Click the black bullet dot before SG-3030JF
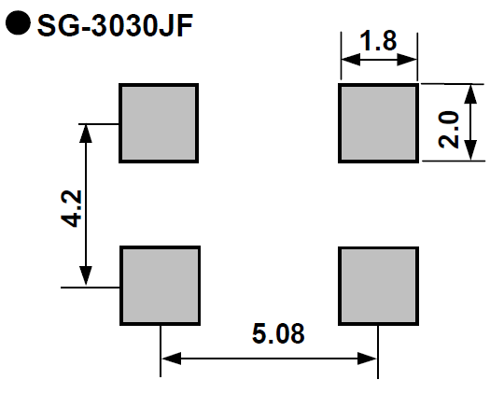click(18, 22)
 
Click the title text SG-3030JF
click(115, 25)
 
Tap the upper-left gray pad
click(159, 123)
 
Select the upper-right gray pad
click(378, 123)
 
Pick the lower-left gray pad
click(161, 286)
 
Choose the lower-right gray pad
click(378, 286)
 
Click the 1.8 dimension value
click(378, 41)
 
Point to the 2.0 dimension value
click(449, 129)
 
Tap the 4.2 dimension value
click(71, 209)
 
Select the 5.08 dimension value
click(278, 333)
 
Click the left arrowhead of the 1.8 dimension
click(351, 60)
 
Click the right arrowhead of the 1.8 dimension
click(407, 60)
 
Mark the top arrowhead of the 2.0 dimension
click(470, 94)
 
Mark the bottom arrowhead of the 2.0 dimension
click(470, 150)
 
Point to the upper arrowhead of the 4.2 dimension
click(86, 134)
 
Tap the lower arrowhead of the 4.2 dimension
click(86, 276)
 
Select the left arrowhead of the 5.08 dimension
click(172, 359)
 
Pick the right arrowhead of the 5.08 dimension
click(367, 359)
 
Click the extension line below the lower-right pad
click(378, 352)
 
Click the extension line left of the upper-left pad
click(99, 124)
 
